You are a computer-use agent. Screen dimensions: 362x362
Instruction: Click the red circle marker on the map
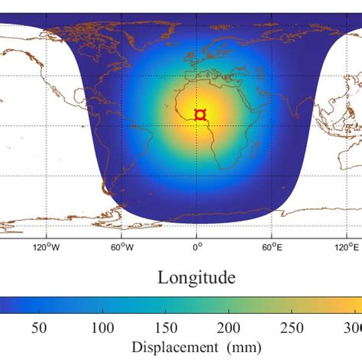click(200, 115)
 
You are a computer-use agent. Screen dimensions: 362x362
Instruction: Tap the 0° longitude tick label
click(197, 247)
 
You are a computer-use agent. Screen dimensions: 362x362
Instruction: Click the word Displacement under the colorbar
click(173, 348)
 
